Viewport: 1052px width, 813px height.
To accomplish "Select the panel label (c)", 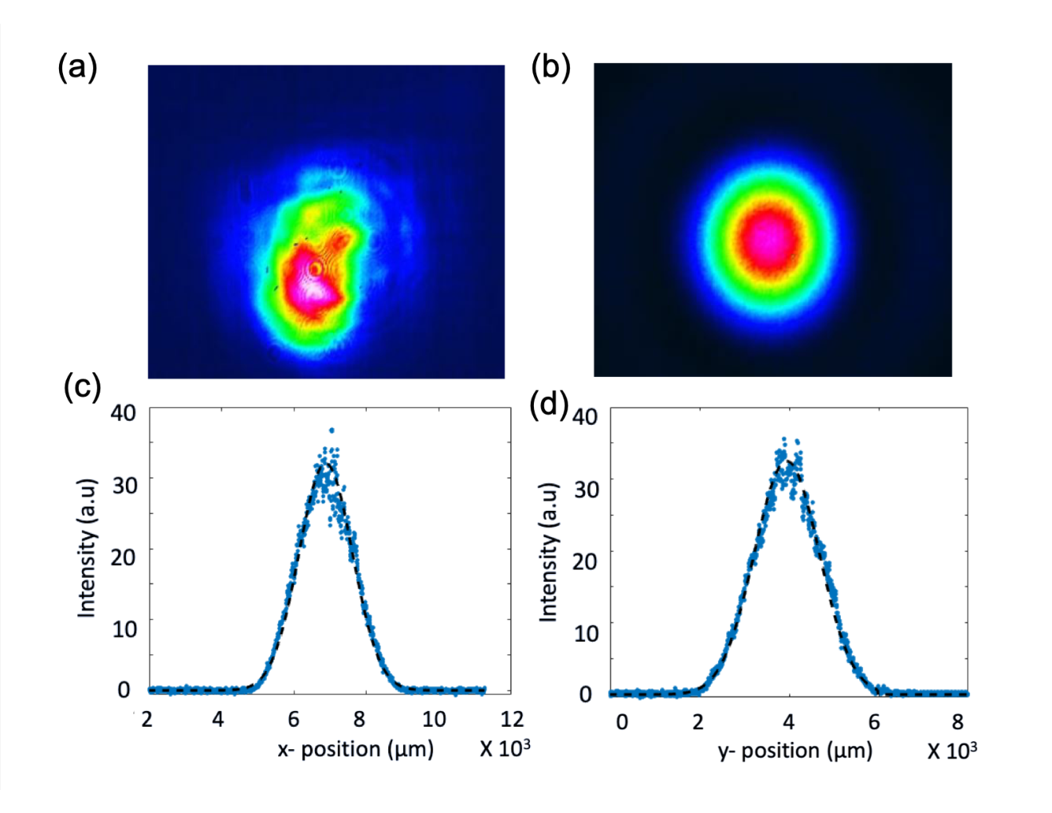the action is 82,387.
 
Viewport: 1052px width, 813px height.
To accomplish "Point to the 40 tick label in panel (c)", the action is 123,413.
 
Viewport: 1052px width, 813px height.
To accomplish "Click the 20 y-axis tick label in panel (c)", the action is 123,557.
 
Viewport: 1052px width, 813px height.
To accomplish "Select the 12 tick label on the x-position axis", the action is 512,720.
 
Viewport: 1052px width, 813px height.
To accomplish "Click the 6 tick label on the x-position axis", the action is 293,720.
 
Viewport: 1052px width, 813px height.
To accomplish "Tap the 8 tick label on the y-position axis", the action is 957,722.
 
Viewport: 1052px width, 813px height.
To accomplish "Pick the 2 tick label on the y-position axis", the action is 697,722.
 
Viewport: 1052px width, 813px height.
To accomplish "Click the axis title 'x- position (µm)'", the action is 355,749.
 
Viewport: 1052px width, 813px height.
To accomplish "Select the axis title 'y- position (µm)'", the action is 795,751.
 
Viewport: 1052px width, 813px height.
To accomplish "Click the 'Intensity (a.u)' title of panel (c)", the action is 87,548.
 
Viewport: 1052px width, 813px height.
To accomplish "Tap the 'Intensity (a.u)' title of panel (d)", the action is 549,552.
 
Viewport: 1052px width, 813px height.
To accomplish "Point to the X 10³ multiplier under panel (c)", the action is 505,748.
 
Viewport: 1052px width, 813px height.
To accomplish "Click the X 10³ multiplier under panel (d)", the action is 952,751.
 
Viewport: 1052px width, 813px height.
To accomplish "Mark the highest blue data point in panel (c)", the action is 332,430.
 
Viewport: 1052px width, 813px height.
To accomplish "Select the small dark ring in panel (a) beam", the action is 316,269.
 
